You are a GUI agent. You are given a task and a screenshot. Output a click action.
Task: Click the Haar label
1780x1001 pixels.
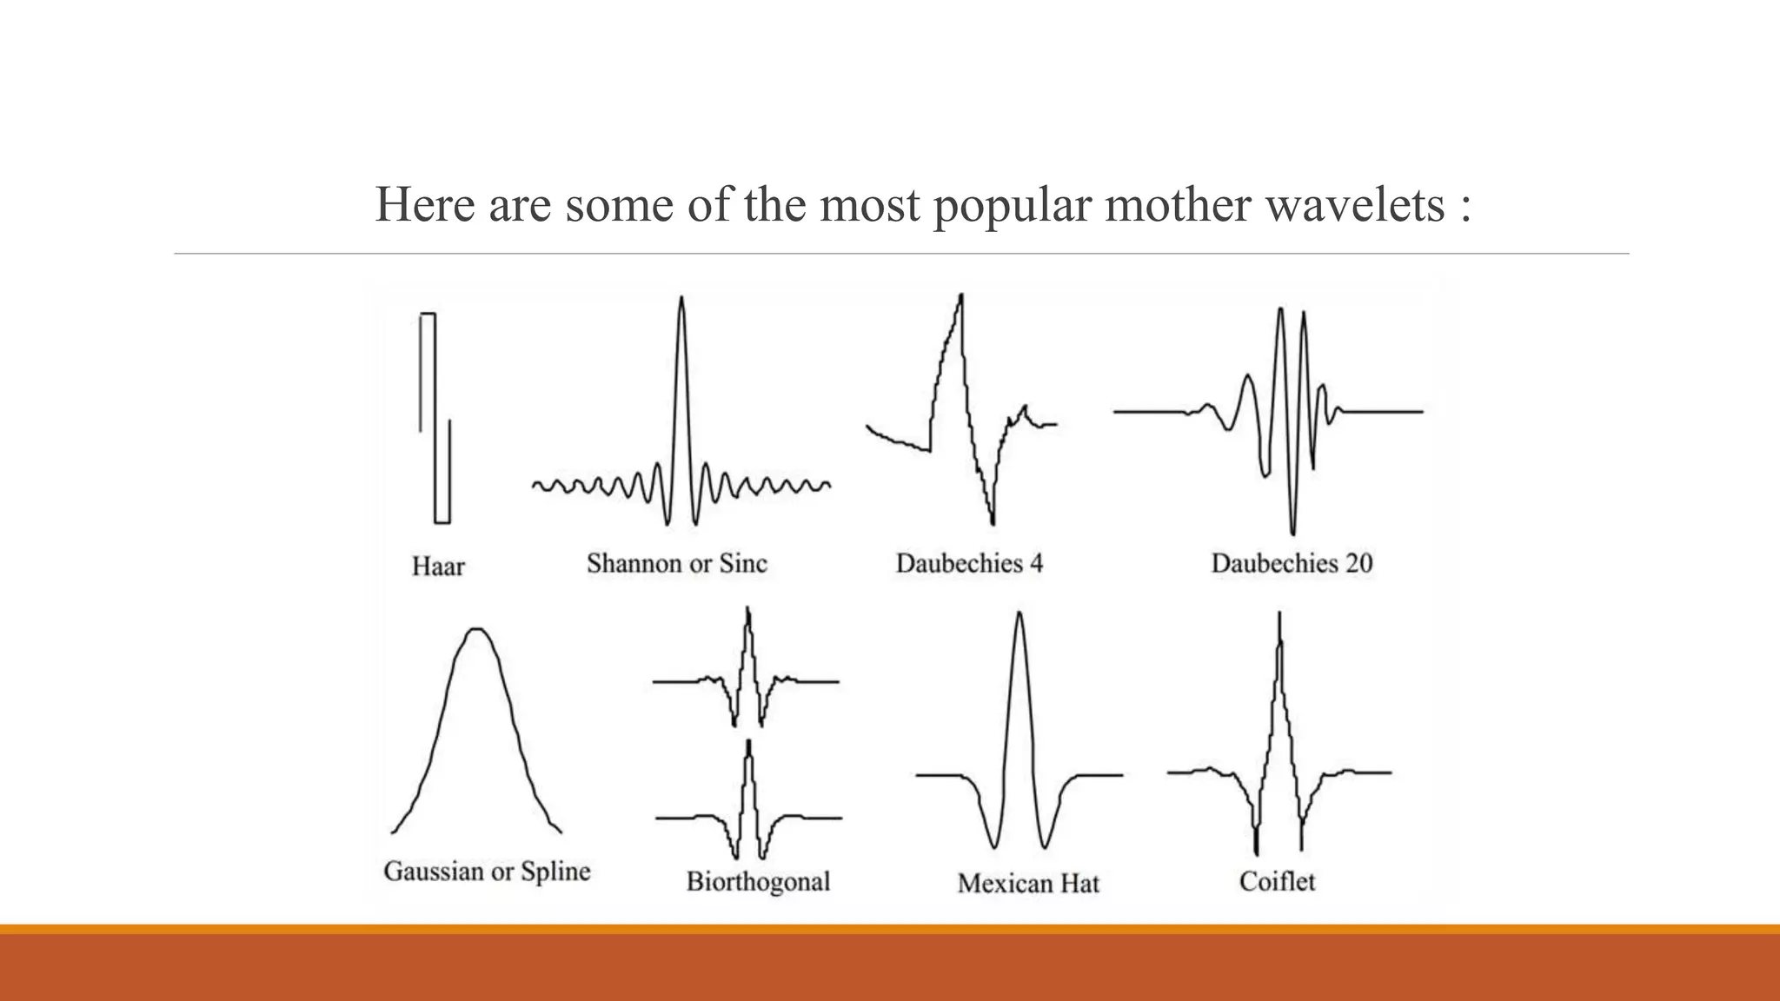pyautogui.click(x=438, y=567)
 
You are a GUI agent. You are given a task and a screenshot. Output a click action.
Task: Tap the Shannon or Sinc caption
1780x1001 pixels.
pyautogui.click(x=677, y=564)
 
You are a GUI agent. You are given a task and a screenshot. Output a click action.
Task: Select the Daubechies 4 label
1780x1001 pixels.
pyautogui.click(x=969, y=564)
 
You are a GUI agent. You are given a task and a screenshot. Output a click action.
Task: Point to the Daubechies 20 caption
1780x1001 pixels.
pyautogui.click(x=1292, y=564)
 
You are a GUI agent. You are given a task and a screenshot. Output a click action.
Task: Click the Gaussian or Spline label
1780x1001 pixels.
pyautogui.click(x=487, y=872)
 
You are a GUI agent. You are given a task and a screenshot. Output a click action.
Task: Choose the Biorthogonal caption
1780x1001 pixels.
pyautogui.click(x=758, y=882)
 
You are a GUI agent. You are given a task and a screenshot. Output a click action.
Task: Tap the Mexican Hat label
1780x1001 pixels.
pyautogui.click(x=1028, y=884)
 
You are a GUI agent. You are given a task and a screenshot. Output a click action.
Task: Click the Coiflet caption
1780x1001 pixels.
pyautogui.click(x=1277, y=882)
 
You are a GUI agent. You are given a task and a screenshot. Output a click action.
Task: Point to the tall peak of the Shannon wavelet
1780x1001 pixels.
pyautogui.click(x=681, y=300)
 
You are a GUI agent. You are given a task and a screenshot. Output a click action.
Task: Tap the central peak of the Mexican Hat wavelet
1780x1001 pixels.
pyautogui.click(x=1019, y=614)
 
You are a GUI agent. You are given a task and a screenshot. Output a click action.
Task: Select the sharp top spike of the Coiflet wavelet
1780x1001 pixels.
pyautogui.click(x=1279, y=615)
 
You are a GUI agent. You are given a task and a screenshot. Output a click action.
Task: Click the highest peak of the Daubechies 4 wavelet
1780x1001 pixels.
pyautogui.click(x=961, y=296)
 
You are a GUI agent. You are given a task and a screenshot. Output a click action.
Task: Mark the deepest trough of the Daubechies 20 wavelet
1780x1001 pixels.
pyautogui.click(x=1292, y=532)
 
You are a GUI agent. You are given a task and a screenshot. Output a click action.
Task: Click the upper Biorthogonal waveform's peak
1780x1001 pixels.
pyautogui.click(x=747, y=611)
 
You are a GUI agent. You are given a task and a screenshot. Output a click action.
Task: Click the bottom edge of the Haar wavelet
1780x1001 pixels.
pyautogui.click(x=442, y=522)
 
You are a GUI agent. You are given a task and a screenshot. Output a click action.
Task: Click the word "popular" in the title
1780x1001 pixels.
pyautogui.click(x=1013, y=205)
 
